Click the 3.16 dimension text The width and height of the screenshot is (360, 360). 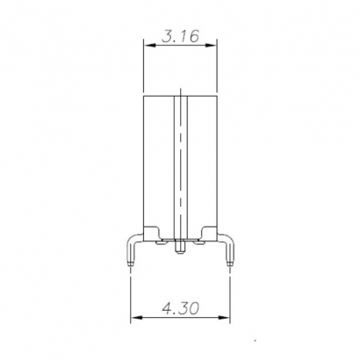click(179, 37)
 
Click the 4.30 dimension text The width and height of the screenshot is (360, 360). click(180, 308)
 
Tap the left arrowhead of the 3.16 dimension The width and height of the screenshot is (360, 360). click(147, 47)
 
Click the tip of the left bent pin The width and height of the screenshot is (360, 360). click(131, 263)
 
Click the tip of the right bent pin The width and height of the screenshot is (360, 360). click(229, 263)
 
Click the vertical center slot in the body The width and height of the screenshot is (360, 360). click(180, 158)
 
